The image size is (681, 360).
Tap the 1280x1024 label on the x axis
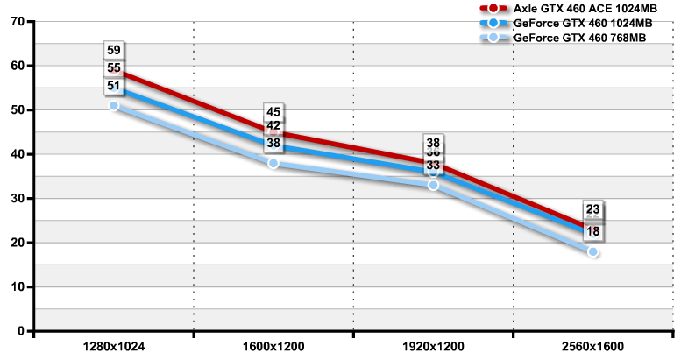coord(114,347)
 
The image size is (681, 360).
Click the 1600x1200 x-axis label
coord(273,347)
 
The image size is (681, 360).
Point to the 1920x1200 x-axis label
coord(433,347)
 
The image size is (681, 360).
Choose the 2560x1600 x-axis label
coord(592,347)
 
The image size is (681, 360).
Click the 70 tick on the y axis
coord(17,21)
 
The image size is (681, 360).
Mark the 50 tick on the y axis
coord(17,109)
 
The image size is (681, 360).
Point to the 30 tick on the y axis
coord(17,198)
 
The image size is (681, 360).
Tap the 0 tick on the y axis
coord(20,331)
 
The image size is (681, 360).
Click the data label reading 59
coord(114,51)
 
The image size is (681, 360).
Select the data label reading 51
coord(114,86)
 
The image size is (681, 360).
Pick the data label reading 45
coord(273,112)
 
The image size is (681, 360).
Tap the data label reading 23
coord(592,209)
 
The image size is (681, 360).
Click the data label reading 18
coord(592,232)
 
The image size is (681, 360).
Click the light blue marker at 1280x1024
coord(114,106)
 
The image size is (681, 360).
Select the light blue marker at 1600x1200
coord(273,164)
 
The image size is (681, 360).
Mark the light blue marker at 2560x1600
coord(592,252)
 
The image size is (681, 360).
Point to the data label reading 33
coord(433,165)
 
